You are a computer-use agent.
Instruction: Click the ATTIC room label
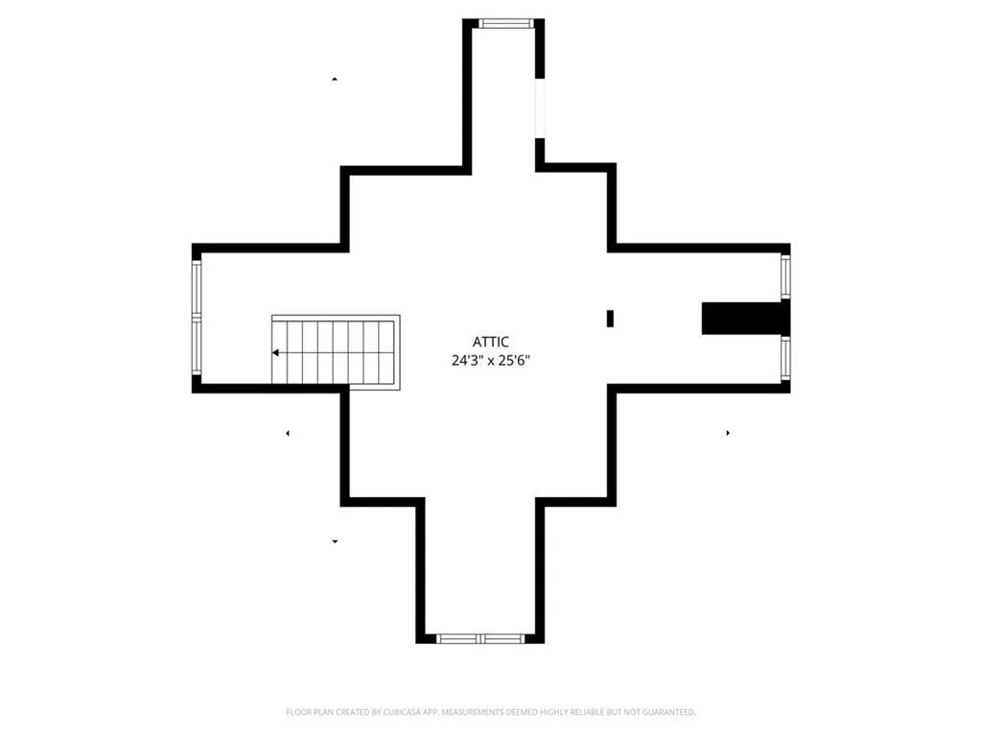490,343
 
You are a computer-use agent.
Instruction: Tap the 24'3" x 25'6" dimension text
490,361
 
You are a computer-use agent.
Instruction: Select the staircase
336,352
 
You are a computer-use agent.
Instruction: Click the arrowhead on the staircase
275,353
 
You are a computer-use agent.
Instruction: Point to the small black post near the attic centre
610,319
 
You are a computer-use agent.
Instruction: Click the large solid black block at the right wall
745,318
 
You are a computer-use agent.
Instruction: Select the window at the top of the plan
506,23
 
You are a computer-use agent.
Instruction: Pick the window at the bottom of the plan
480,638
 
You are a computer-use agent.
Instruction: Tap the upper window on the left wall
197,288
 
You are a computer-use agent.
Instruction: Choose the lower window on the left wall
197,345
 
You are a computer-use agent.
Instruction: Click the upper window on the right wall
785,276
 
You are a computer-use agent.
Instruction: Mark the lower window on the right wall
785,359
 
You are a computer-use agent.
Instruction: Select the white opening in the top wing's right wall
540,107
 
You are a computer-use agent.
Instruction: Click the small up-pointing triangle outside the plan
335,79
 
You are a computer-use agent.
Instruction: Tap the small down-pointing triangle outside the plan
335,541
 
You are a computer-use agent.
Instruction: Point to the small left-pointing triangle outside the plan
288,433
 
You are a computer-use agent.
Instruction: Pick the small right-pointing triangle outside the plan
728,433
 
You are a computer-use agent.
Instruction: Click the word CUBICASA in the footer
401,712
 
